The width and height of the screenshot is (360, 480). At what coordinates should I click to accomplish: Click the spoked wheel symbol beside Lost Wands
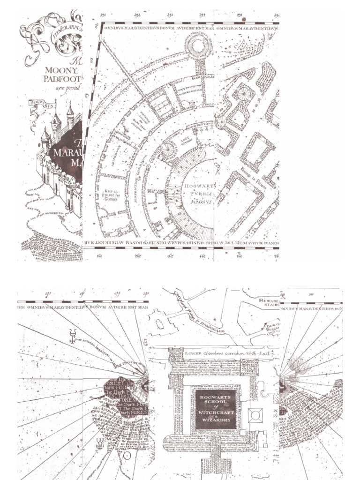pyautogui.click(x=167, y=150)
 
